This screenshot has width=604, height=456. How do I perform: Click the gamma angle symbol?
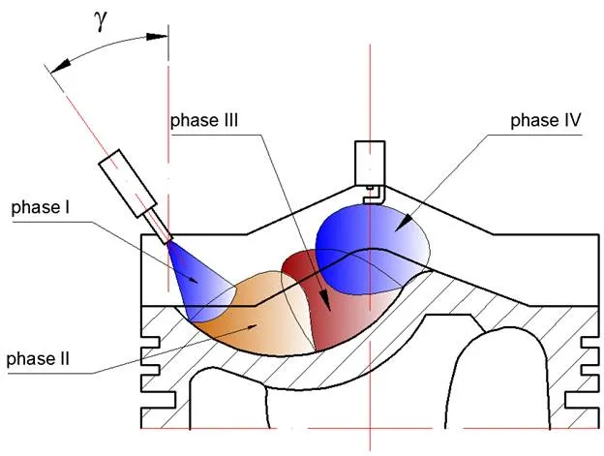tap(101, 22)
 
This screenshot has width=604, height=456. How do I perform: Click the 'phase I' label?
tap(41, 207)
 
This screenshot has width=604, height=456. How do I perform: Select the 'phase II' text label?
tap(38, 359)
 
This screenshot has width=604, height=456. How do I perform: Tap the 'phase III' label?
tap(204, 120)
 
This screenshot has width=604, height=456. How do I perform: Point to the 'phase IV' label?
tap(546, 120)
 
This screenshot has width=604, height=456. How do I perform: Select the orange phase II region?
tap(255, 316)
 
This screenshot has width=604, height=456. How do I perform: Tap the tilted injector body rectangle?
tap(128, 183)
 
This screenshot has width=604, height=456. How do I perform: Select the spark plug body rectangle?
tap(370, 164)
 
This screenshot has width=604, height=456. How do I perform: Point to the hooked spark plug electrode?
tap(373, 195)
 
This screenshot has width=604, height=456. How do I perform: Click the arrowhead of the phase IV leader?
tap(404, 224)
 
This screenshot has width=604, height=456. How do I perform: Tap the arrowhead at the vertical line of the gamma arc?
tap(157, 36)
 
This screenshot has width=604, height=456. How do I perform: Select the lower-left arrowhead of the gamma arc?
tap(60, 66)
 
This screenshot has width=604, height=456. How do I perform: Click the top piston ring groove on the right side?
tap(589, 342)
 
